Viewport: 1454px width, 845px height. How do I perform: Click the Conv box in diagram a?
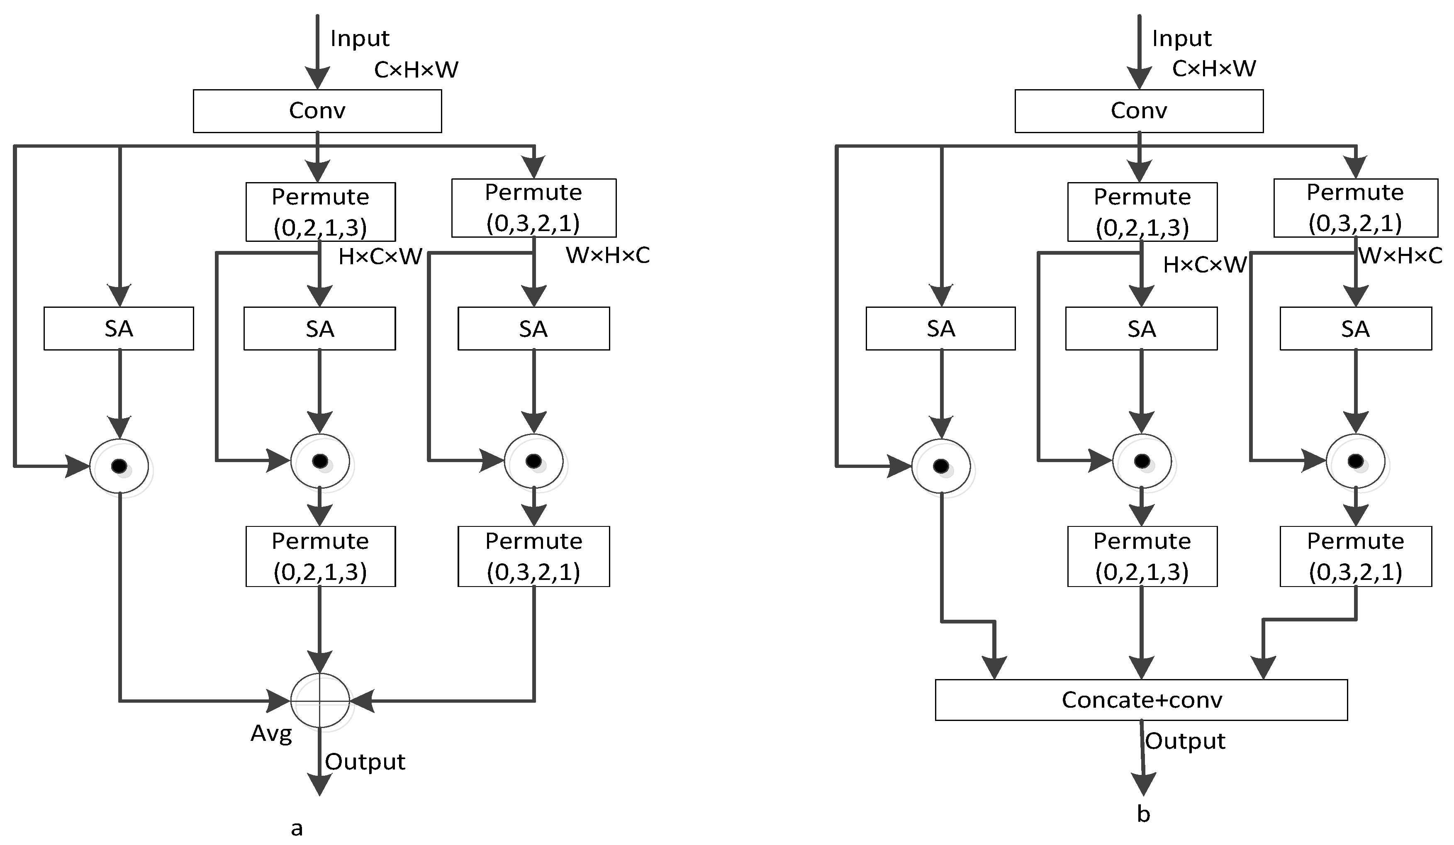317,111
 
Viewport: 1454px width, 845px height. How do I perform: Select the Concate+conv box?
1141,700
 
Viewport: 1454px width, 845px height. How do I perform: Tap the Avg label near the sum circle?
271,734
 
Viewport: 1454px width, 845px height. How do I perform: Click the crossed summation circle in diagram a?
320,700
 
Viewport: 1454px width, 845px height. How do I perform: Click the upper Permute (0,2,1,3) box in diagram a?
320,212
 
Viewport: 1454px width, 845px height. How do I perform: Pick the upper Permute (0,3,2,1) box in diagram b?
1355,208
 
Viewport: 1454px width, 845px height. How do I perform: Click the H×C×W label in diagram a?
380,257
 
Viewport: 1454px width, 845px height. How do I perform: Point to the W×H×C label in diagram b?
1400,255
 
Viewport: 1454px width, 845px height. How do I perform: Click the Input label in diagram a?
360,38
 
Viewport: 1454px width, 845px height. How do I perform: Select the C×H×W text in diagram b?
1214,68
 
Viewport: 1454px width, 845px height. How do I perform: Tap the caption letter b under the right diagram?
1143,814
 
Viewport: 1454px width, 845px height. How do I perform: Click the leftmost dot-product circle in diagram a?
119,466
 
